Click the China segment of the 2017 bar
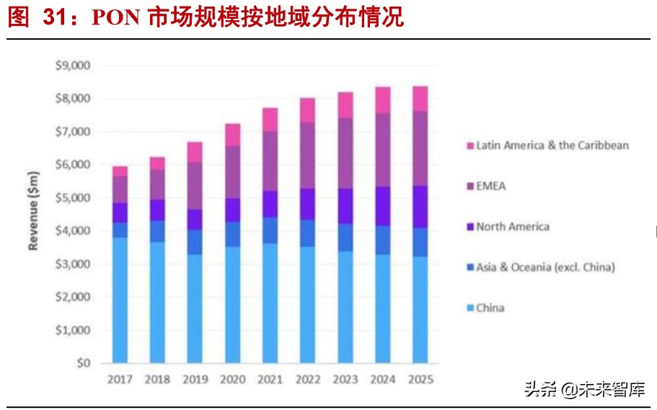coord(120,300)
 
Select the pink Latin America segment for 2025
coord(420,99)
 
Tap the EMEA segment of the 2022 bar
coord(307,155)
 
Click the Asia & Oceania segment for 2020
coord(232,235)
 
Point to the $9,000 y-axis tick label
coord(72,66)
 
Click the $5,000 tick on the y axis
coord(72,198)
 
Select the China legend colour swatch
coord(469,308)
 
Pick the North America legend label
coord(513,227)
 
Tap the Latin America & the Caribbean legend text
coord(552,145)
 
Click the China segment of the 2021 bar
coord(270,303)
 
